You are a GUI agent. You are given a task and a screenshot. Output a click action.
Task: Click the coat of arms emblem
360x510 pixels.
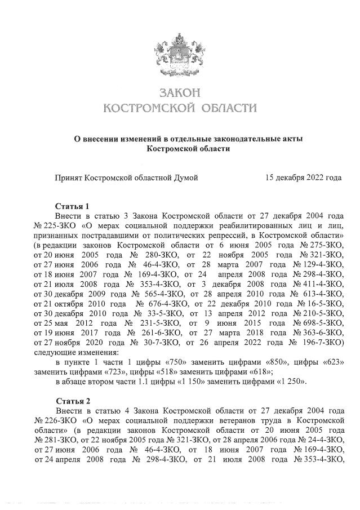180,53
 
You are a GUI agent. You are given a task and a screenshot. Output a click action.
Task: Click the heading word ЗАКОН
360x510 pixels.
180,92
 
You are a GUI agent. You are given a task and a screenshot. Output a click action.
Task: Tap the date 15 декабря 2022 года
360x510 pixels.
303,178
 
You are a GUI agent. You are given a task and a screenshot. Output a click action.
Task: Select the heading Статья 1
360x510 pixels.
72,206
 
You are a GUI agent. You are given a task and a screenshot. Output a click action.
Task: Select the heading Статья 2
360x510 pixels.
72,401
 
